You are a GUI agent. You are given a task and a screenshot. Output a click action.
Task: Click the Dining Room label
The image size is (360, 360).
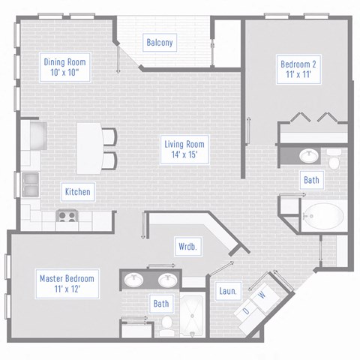tap(66, 67)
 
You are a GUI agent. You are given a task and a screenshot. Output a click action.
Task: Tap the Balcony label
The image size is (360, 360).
tap(160, 43)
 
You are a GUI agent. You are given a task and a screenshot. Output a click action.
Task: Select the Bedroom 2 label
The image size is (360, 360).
tap(298, 70)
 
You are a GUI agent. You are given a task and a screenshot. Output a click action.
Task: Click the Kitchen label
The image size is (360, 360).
tap(77, 192)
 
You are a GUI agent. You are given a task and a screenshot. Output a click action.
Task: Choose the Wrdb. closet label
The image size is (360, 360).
tap(187, 246)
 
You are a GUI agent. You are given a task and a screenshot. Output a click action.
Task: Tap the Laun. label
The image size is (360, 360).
tap(228, 291)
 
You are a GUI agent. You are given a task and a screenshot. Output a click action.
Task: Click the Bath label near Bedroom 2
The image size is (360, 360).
tap(311, 180)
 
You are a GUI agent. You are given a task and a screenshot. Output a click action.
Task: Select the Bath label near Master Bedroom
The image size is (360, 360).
tap(161, 304)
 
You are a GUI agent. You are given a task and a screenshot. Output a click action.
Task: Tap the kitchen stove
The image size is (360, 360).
tap(66, 217)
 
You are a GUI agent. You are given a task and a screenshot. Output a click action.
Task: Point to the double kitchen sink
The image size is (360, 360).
tap(31, 184)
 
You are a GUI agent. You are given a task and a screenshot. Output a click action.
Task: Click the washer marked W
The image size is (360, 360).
tap(262, 295)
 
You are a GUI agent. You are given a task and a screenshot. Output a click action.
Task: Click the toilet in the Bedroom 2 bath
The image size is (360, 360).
tap(334, 157)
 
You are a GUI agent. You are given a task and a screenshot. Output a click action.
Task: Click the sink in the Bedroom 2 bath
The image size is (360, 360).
tap(307, 156)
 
